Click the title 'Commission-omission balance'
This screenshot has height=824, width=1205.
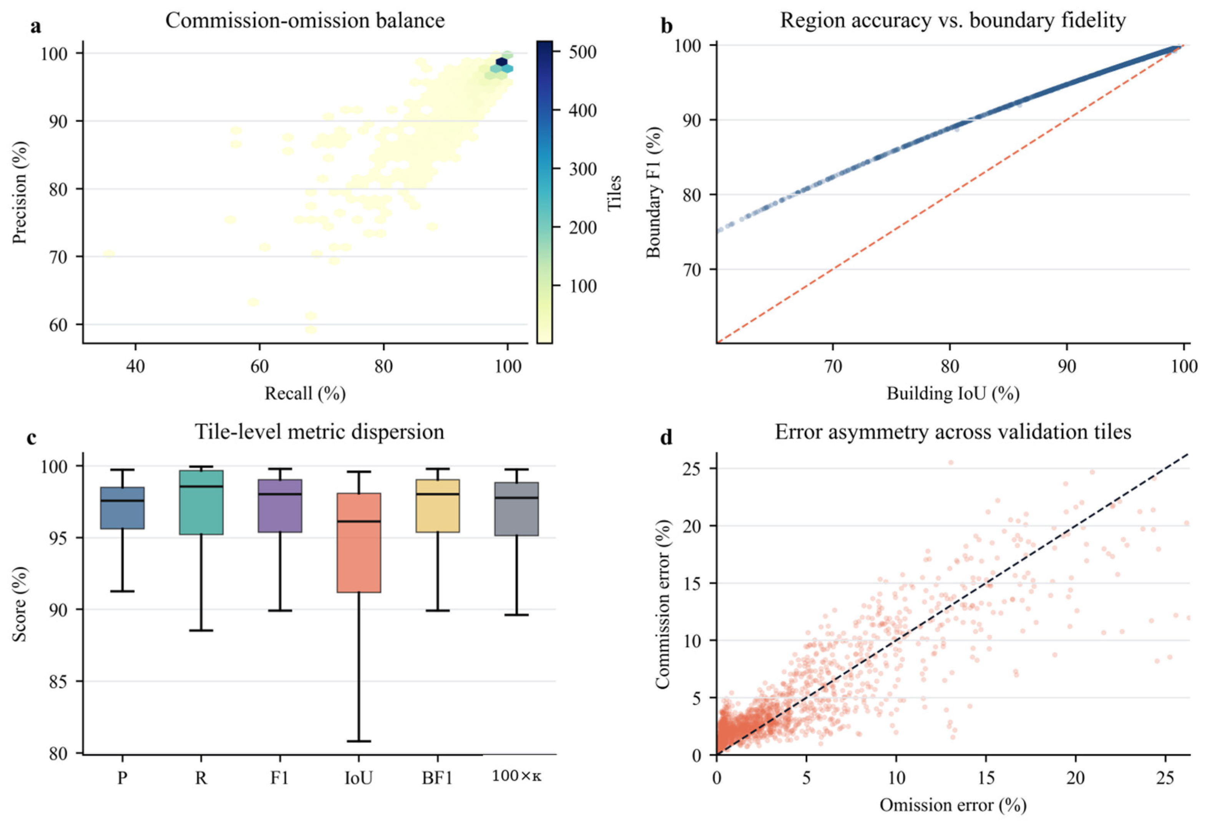(305, 21)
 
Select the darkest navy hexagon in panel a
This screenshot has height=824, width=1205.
(501, 62)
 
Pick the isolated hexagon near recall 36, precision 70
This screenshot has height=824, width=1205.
(108, 254)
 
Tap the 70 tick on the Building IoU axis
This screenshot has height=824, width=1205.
(833, 366)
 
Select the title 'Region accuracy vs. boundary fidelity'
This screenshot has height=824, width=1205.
(953, 21)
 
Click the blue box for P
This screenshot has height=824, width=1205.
(122, 508)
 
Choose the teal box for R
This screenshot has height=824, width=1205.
(201, 502)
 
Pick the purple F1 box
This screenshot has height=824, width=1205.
(280, 506)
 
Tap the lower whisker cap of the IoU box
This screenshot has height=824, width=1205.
(359, 741)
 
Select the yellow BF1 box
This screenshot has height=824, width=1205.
(438, 506)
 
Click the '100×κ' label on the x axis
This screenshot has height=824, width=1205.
(516, 776)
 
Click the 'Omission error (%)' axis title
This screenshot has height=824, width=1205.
(953, 805)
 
